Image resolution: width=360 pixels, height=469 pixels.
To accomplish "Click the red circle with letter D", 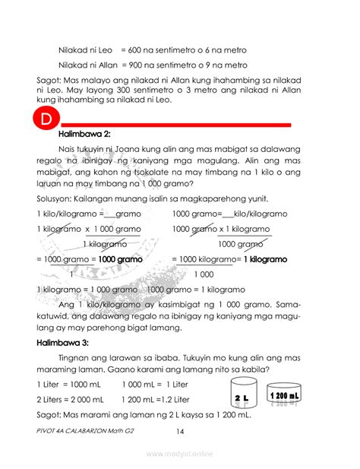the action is (46, 122).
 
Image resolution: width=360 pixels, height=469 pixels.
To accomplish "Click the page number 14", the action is (180, 431).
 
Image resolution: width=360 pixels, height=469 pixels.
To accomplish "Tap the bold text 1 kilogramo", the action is (264, 259).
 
